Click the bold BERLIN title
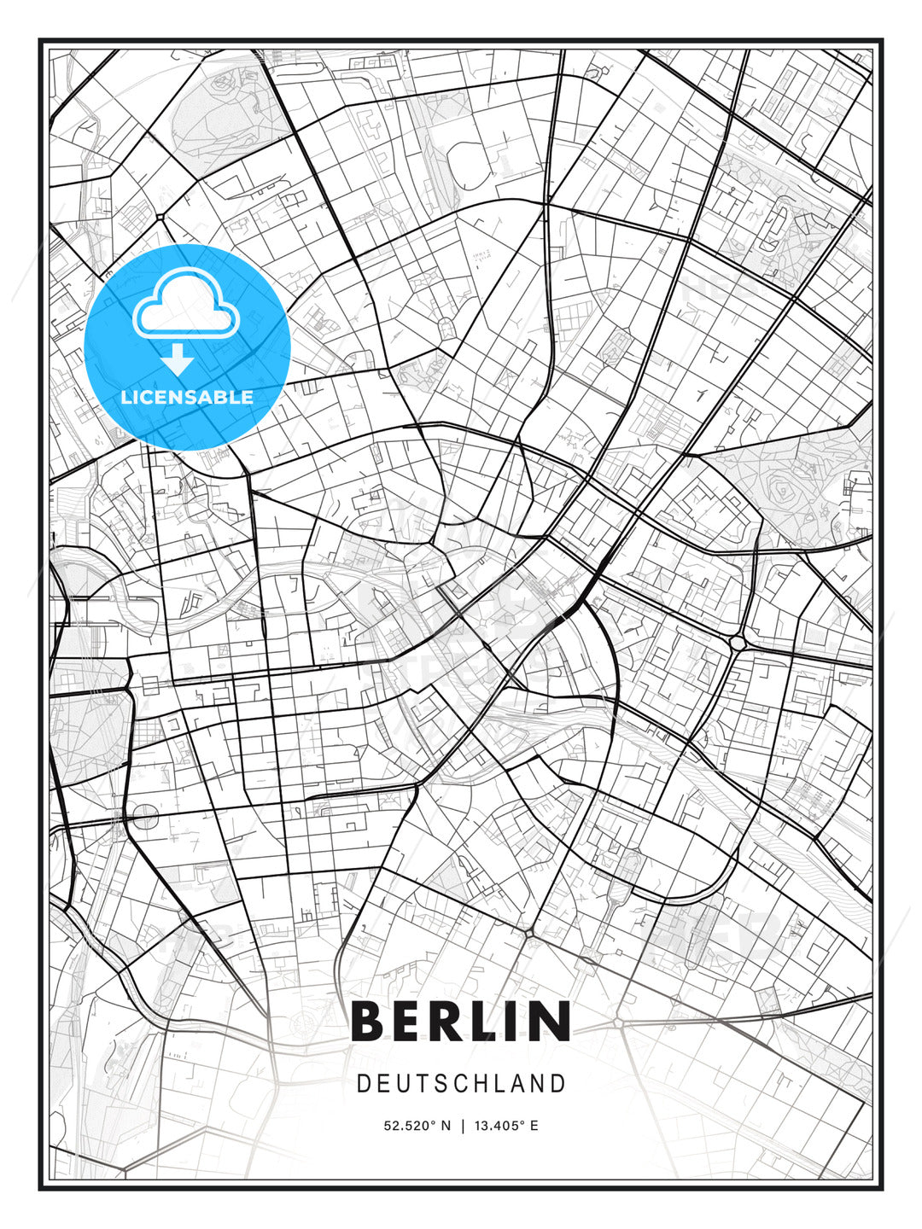point(461,1021)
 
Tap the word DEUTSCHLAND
point(461,1084)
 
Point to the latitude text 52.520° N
point(417,1126)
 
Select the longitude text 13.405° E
point(506,1126)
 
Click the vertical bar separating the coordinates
point(462,1126)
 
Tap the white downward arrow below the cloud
point(178,359)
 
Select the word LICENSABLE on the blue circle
point(187,397)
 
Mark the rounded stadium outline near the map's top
point(467,162)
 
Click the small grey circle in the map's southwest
point(146,817)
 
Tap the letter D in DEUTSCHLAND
point(363,1084)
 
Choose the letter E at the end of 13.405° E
point(534,1126)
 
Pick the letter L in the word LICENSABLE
point(126,397)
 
